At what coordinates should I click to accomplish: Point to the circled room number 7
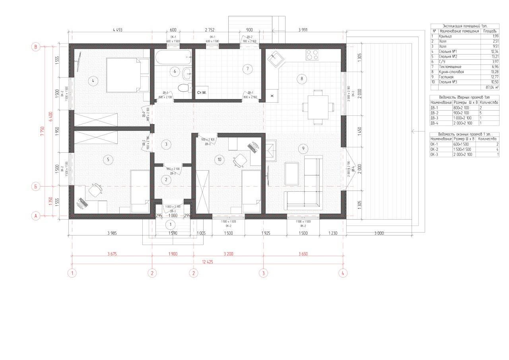[x=247, y=69]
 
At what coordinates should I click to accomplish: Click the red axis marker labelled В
[x=36, y=47]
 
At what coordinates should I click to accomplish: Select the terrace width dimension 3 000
[x=378, y=234]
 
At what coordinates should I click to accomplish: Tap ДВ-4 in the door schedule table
[x=435, y=123]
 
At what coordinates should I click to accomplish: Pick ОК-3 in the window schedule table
[x=436, y=154]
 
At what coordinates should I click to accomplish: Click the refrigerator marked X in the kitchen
[x=272, y=96]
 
